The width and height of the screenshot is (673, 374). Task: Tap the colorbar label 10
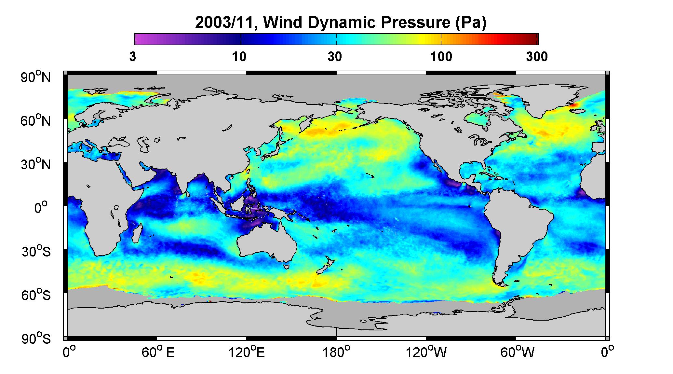click(x=239, y=57)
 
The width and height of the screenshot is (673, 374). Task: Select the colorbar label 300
click(x=537, y=57)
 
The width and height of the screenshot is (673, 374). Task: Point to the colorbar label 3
click(x=132, y=57)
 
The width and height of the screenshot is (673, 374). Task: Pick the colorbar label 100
click(x=441, y=57)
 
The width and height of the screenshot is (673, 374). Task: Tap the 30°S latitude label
click(x=36, y=251)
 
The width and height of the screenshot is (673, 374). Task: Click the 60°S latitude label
click(x=36, y=295)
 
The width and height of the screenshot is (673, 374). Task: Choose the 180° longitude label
click(x=336, y=352)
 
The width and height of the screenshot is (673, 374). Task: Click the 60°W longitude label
click(x=516, y=352)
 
